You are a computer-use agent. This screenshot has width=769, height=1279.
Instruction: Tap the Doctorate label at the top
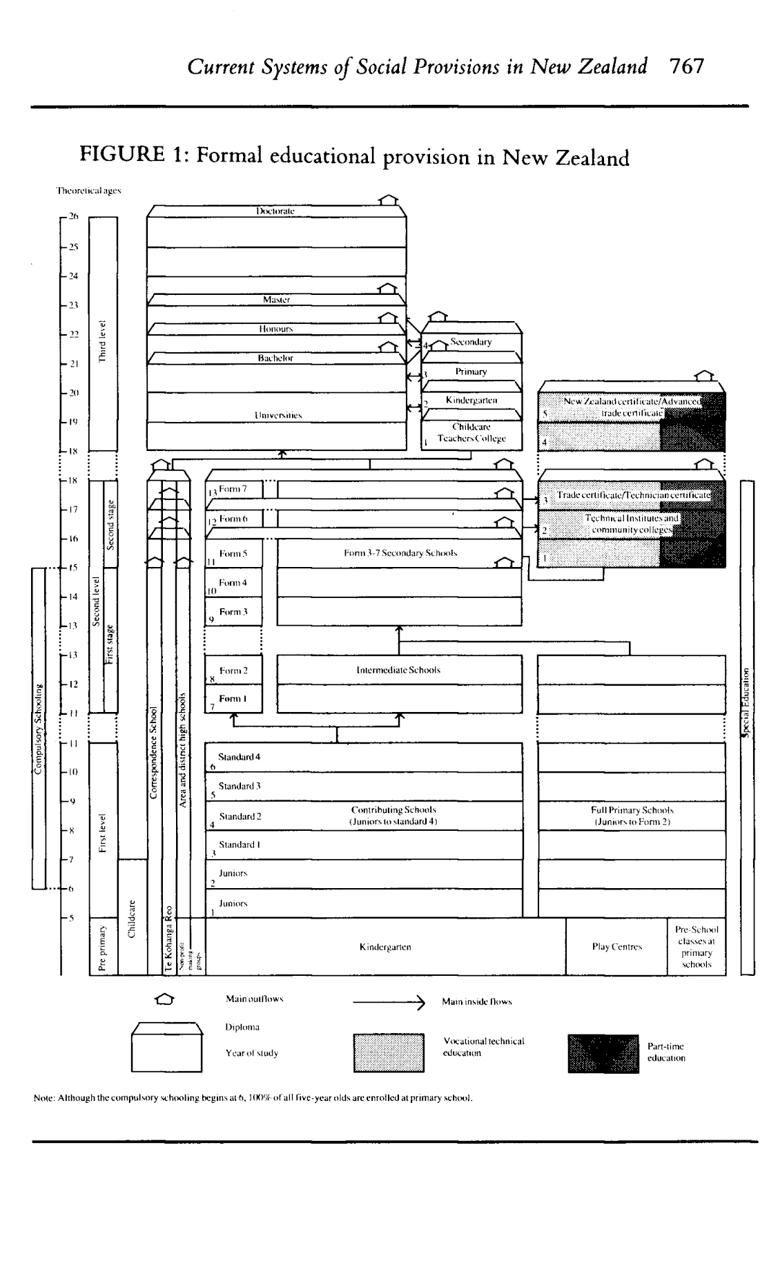275,211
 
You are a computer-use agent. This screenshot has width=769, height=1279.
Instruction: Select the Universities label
277,415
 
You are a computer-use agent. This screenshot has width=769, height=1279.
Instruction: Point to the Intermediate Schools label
398,670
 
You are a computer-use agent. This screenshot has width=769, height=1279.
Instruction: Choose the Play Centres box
616,947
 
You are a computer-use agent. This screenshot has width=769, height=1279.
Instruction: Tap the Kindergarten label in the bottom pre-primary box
385,947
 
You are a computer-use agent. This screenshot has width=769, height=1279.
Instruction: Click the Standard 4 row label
239,757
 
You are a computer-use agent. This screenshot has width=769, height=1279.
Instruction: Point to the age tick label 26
73,217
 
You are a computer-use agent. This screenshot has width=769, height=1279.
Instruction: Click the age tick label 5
71,918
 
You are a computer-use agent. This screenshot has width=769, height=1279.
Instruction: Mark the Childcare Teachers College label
471,433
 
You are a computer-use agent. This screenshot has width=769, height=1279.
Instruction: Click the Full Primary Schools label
632,816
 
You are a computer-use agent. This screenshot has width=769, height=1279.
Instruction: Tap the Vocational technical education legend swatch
389,1052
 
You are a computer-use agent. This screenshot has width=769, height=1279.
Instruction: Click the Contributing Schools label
393,816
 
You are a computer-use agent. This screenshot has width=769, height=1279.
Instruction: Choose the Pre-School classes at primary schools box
696,947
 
